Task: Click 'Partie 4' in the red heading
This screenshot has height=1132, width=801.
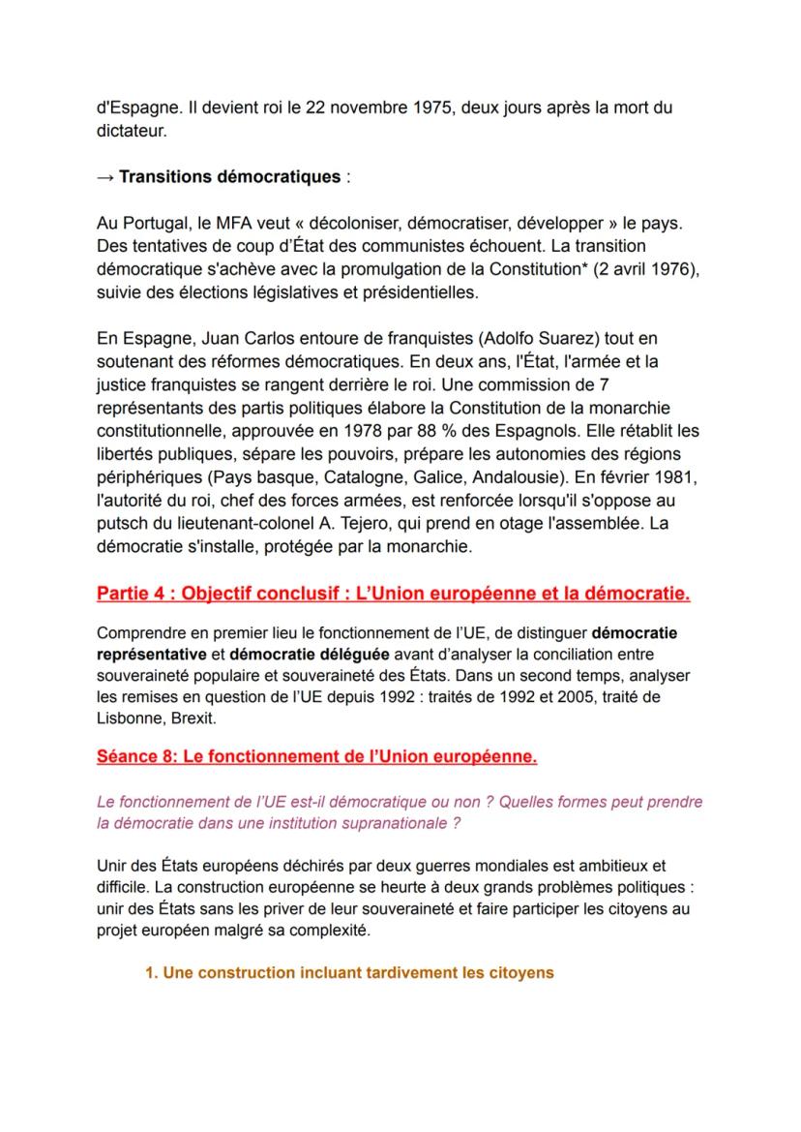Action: point(130,594)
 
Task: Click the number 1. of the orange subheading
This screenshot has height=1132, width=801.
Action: point(151,973)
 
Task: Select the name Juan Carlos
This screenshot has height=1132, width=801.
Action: point(218,338)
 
